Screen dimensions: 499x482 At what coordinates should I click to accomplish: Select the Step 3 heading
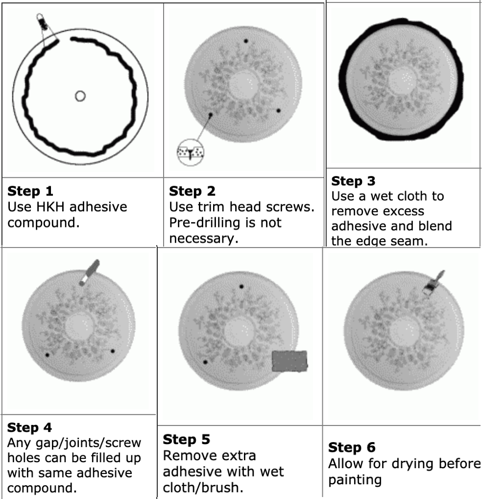353,181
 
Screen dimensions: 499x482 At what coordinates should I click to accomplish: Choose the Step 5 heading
186,439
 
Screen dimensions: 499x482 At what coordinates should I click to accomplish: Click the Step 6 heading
352,447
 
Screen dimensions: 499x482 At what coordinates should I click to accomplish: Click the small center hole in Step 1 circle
80,96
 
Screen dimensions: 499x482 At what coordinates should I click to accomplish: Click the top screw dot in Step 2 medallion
246,41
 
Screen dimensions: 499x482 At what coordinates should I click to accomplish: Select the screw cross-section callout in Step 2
191,151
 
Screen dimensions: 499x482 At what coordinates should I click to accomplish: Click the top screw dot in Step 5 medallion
241,287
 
